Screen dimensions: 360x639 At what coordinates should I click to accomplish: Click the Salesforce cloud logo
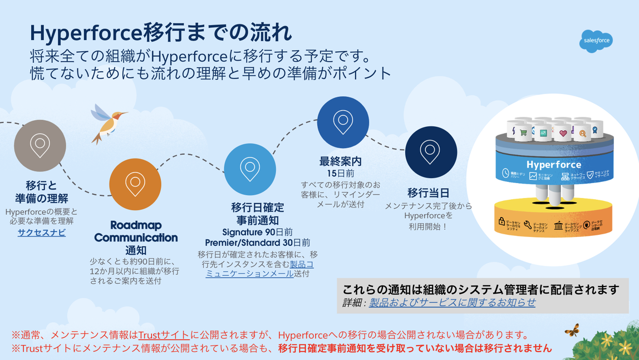point(596,41)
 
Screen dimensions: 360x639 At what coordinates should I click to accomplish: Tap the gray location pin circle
point(40,145)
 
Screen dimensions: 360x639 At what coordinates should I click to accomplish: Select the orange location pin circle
point(135,184)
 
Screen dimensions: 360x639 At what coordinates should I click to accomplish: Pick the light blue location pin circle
point(249,169)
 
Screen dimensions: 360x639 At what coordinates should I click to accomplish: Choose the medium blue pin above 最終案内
point(343,122)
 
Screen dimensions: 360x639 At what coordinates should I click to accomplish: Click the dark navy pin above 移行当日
point(431,152)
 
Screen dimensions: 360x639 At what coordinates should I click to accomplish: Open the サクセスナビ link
point(42,233)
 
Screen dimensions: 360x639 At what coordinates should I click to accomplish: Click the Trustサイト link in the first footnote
point(164,335)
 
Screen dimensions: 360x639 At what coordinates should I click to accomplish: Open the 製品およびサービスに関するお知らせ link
point(452,302)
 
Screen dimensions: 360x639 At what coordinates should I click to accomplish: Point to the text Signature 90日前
point(257,231)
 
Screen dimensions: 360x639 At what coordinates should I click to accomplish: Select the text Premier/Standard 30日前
point(257,243)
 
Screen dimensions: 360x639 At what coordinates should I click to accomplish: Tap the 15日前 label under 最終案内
point(340,174)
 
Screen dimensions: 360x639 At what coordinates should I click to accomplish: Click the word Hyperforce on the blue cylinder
point(553,165)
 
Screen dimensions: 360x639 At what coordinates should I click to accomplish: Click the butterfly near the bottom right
point(571,330)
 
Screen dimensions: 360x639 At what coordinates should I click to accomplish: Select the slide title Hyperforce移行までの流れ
point(161,33)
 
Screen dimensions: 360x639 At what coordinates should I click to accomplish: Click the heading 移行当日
point(428,193)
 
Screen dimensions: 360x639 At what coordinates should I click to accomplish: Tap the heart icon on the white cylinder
point(563,133)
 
